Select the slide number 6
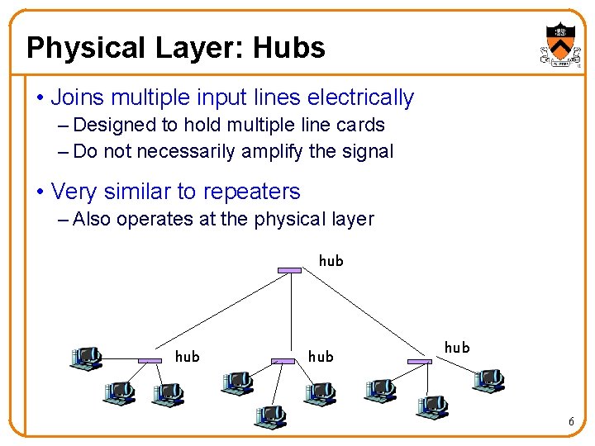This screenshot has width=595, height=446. (571, 422)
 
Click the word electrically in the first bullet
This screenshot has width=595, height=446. (360, 97)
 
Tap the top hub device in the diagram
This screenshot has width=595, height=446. (290, 269)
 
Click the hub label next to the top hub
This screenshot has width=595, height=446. (331, 261)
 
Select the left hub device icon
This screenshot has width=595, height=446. (150, 361)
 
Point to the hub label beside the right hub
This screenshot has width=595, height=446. (457, 348)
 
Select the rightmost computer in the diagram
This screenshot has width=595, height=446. (488, 381)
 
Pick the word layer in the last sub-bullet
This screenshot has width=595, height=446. (350, 219)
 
